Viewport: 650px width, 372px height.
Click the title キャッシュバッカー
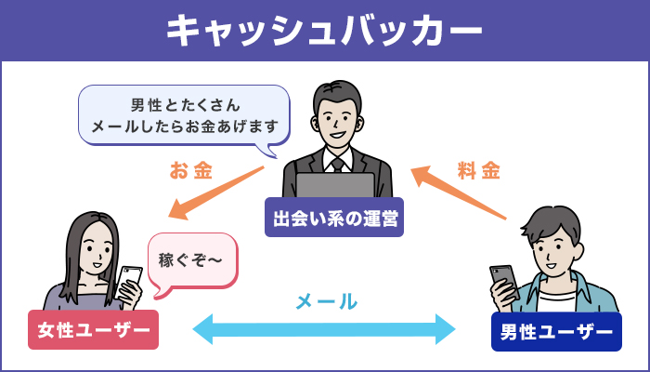click(x=325, y=30)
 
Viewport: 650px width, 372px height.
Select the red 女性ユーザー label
click(x=93, y=330)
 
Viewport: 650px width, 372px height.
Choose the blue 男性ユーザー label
click(x=555, y=331)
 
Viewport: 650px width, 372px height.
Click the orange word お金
click(x=191, y=171)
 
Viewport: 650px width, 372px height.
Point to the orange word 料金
click(x=479, y=171)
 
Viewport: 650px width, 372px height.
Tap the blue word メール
click(x=326, y=300)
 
